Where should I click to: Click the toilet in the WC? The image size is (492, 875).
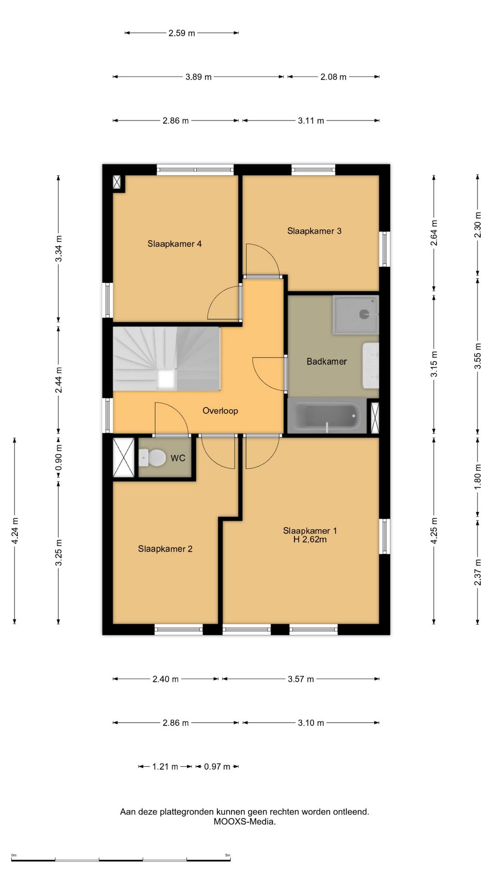point(152,458)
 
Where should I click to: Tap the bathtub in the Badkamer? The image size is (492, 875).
point(327,416)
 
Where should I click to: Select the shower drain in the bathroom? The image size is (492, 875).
point(364,314)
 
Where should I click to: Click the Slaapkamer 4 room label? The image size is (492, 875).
point(174,244)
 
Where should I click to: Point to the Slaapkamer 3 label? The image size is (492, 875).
point(314,231)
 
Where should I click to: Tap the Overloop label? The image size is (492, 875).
point(220,411)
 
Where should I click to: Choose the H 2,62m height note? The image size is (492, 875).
point(310,540)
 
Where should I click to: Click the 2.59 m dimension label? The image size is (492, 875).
point(182,33)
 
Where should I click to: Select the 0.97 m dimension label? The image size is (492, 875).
point(217,767)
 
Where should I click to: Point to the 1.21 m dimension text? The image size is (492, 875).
point(165,767)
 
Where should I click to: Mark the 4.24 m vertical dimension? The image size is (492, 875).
point(15,530)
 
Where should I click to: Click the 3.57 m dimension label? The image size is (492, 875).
point(301,679)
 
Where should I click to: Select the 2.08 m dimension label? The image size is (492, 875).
point(333,77)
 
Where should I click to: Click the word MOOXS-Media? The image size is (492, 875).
point(245,822)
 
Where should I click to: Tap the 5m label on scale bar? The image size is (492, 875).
point(228,855)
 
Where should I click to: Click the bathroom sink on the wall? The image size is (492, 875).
point(371,365)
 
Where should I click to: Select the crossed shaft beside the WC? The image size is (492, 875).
point(123,458)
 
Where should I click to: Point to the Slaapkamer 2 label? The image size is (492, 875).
point(165,549)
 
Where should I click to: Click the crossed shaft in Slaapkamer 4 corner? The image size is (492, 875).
point(118,182)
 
